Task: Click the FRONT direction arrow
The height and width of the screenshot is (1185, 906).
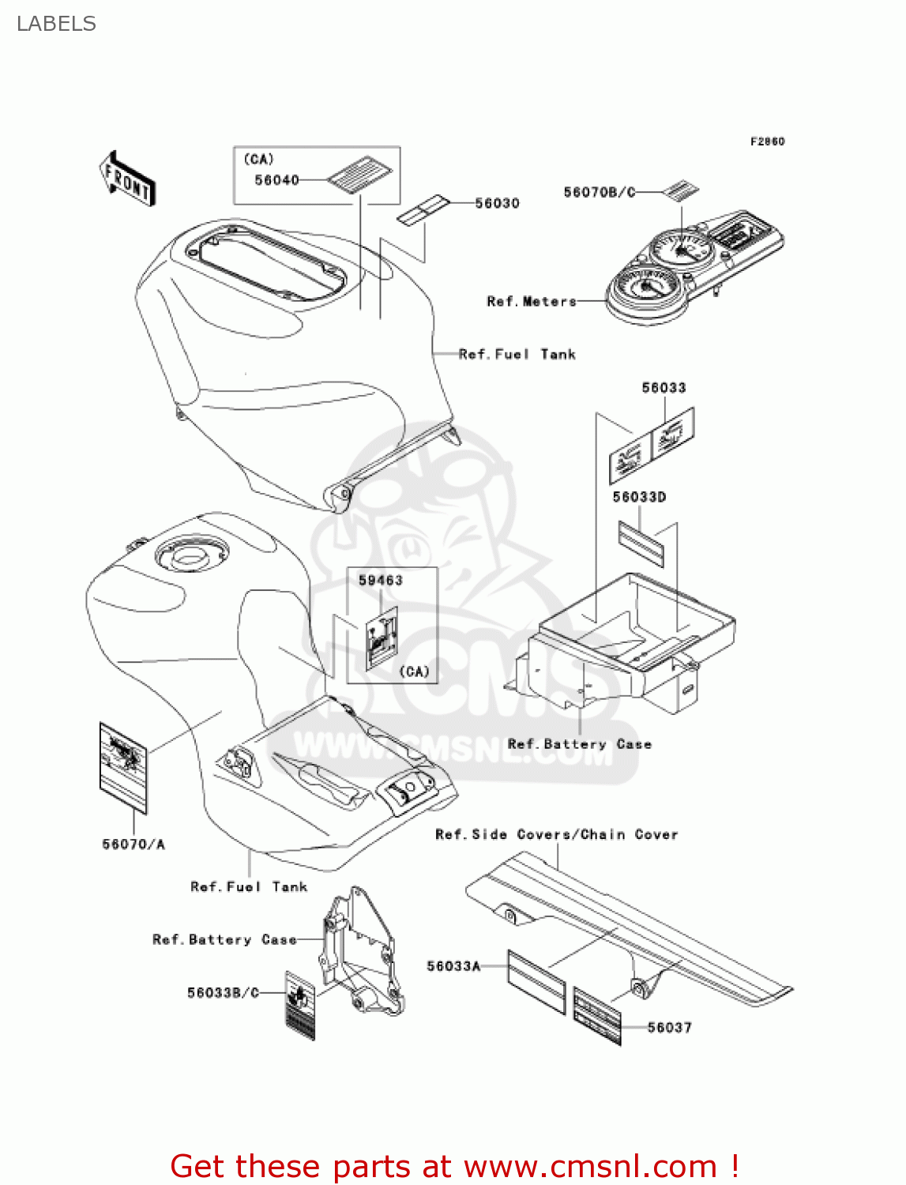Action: click(127, 179)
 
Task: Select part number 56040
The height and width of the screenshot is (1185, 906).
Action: click(276, 180)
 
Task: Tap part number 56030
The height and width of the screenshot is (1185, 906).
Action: click(497, 203)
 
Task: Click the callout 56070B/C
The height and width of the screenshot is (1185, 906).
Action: click(599, 192)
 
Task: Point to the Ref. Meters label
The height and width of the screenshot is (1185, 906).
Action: click(532, 301)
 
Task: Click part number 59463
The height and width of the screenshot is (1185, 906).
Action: click(380, 580)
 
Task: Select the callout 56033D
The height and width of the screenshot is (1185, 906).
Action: click(639, 497)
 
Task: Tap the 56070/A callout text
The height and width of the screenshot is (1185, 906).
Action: click(133, 844)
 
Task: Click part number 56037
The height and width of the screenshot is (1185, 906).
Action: click(669, 1027)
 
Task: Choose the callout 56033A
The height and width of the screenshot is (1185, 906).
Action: click(453, 965)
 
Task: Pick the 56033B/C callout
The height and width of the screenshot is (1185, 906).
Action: click(223, 992)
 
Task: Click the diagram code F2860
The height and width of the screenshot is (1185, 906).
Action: click(767, 141)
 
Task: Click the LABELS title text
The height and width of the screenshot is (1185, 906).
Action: click(56, 24)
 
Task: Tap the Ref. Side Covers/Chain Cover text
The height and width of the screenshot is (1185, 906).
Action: click(556, 834)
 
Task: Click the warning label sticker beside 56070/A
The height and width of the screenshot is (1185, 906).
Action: click(123, 767)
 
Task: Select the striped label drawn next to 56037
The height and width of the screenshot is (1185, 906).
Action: click(597, 1015)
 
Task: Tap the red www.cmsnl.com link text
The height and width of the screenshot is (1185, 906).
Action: click(590, 1166)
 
